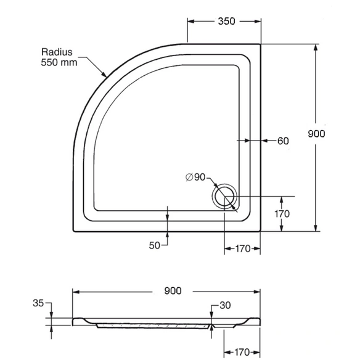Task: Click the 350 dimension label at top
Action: point(226,21)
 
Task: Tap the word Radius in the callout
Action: point(57,52)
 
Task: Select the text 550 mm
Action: point(59,62)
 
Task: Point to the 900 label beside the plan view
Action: point(316,134)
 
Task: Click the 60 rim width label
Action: point(283,141)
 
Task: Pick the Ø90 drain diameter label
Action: point(195,177)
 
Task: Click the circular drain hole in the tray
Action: point(224,197)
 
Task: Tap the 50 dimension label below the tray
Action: point(154,246)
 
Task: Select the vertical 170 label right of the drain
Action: point(282,214)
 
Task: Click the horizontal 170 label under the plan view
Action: point(243,248)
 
